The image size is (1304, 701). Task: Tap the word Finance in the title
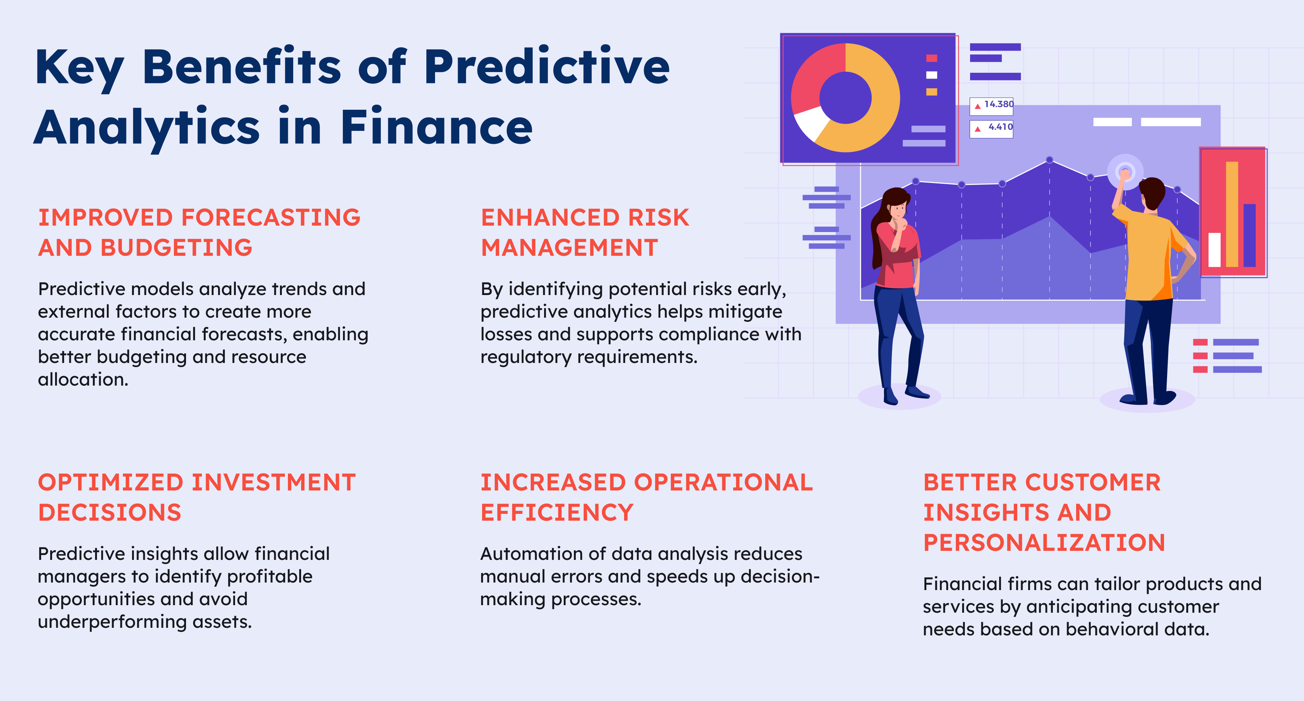click(x=436, y=126)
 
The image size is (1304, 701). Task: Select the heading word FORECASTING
click(x=271, y=217)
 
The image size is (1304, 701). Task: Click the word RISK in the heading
click(x=658, y=217)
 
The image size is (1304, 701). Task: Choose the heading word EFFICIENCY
click(x=557, y=512)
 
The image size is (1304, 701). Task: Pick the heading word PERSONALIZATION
click(x=1044, y=543)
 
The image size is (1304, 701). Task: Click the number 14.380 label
click(x=999, y=104)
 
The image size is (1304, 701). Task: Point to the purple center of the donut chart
click(x=845, y=98)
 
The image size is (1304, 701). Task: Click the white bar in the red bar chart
click(x=1215, y=249)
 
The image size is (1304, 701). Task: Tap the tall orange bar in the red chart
click(x=1232, y=214)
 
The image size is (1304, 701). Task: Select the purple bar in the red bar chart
click(x=1249, y=235)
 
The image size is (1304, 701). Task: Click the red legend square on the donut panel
click(x=932, y=58)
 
